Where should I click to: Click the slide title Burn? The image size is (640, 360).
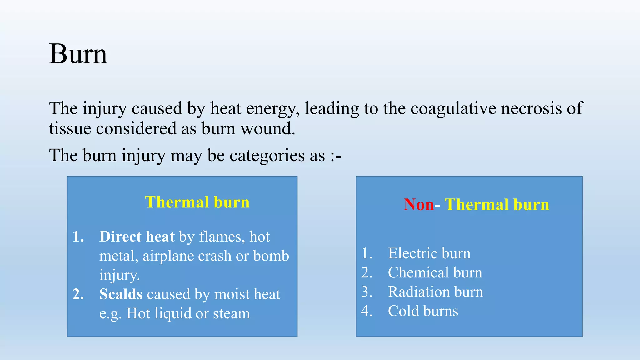pyautogui.click(x=78, y=54)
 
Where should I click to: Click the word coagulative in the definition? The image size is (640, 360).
pyautogui.click(x=453, y=108)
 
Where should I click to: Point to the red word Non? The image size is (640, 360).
pyautogui.click(x=419, y=205)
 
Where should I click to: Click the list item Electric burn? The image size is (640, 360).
pyautogui.click(x=429, y=253)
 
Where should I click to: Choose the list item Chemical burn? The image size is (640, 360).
pyautogui.click(x=435, y=272)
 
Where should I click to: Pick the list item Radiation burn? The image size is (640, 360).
pyautogui.click(x=435, y=292)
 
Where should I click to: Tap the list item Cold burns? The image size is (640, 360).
pyautogui.click(x=423, y=311)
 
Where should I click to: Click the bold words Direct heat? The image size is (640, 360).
pyautogui.click(x=137, y=237)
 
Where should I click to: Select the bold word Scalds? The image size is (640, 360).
pyautogui.click(x=121, y=294)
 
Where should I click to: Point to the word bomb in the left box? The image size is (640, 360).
pyautogui.click(x=271, y=256)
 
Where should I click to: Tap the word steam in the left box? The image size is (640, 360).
pyautogui.click(x=232, y=313)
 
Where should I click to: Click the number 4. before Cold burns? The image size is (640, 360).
pyautogui.click(x=367, y=311)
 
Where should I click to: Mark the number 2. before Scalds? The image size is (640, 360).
pyautogui.click(x=78, y=294)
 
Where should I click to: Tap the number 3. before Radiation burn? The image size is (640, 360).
pyautogui.click(x=367, y=292)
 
